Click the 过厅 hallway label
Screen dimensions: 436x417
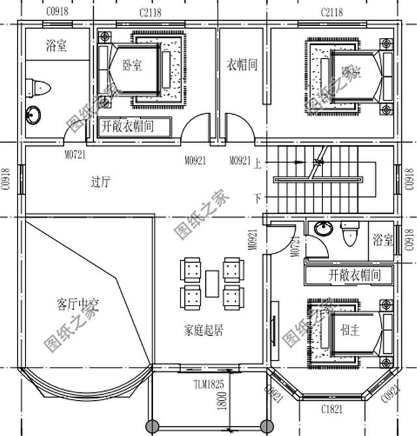[x=100, y=182]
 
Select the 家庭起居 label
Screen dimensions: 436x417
[x=203, y=330]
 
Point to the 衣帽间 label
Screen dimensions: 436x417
[x=242, y=65]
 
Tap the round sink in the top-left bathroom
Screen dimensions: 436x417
[x=33, y=115]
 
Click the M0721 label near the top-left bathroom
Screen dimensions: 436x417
[x=76, y=154]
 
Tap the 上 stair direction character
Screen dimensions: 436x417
[x=258, y=164]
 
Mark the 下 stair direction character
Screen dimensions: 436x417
[x=258, y=197]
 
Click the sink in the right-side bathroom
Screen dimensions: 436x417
[x=321, y=229]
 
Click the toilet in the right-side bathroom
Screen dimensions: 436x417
[x=349, y=233]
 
